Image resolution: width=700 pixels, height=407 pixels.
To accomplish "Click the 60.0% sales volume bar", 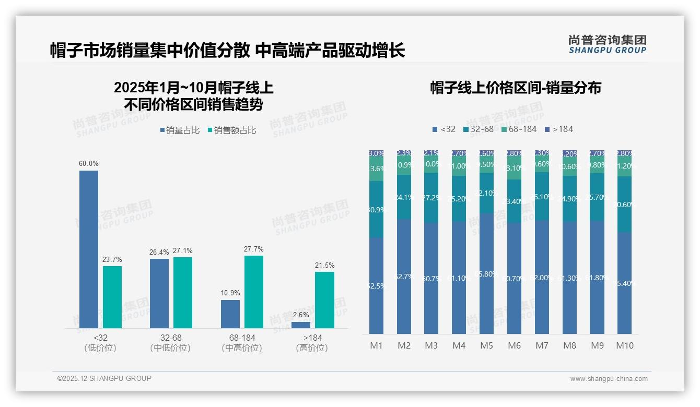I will (x=89, y=249).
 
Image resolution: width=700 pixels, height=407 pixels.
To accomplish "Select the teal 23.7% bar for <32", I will (x=112, y=297).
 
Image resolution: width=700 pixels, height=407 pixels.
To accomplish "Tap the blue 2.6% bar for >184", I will (x=301, y=325).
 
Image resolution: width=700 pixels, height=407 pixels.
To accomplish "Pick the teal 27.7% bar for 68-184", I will (x=254, y=292).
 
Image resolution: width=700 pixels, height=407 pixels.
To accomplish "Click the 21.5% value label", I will (x=324, y=266).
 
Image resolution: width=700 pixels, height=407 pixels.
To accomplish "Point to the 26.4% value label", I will (x=159, y=253).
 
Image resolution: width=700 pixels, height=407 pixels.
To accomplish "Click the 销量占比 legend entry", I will (x=180, y=130).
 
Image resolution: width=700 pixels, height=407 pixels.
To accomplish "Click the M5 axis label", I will (x=486, y=345).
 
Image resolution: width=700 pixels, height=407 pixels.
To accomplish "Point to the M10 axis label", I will (x=625, y=345).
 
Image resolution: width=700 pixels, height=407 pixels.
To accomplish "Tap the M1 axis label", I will (x=377, y=345).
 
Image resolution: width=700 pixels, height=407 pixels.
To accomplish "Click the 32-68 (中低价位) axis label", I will (x=170, y=343).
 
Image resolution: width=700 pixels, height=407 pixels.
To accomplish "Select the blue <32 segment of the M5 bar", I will (x=486, y=273).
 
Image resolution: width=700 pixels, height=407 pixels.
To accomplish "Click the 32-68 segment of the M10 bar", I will (x=625, y=204).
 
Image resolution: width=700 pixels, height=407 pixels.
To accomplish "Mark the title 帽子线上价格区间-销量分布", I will (x=516, y=88).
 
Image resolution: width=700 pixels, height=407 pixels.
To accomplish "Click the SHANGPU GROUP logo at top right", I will (x=608, y=44).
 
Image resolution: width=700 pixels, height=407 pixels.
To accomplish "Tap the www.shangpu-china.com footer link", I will (x=609, y=379).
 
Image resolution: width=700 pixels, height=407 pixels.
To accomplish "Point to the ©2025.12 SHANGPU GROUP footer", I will (x=104, y=378).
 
